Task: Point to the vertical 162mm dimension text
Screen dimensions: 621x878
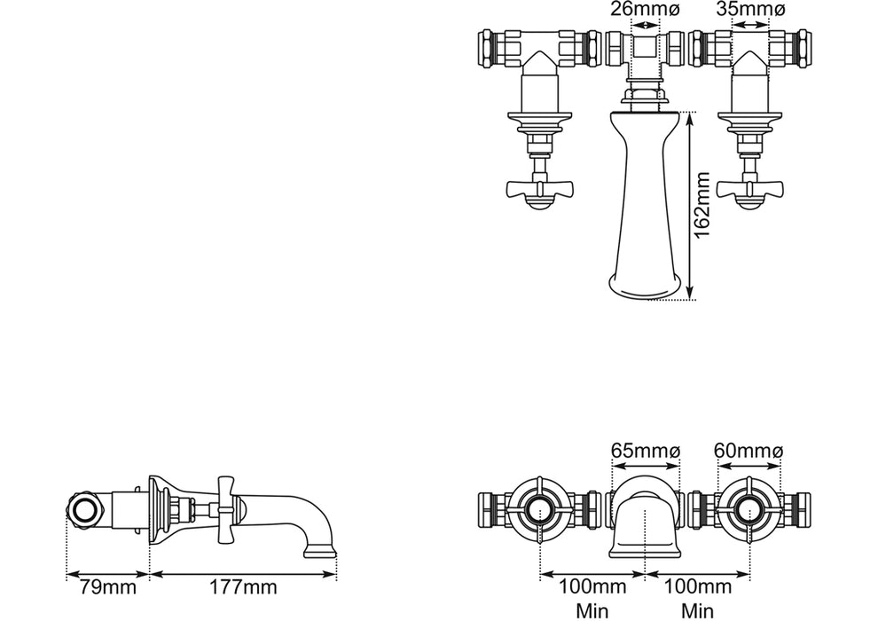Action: point(702,206)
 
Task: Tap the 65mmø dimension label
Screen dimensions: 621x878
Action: point(645,452)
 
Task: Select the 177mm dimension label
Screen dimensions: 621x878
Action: point(242,587)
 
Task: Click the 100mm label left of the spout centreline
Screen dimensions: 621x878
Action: point(592,587)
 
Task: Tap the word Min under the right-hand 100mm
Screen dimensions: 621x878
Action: point(697,610)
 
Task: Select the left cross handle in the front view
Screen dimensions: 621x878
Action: point(538,188)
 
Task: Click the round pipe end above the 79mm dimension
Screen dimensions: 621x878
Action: point(85,508)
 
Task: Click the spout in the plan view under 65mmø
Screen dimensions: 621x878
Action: point(645,519)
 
